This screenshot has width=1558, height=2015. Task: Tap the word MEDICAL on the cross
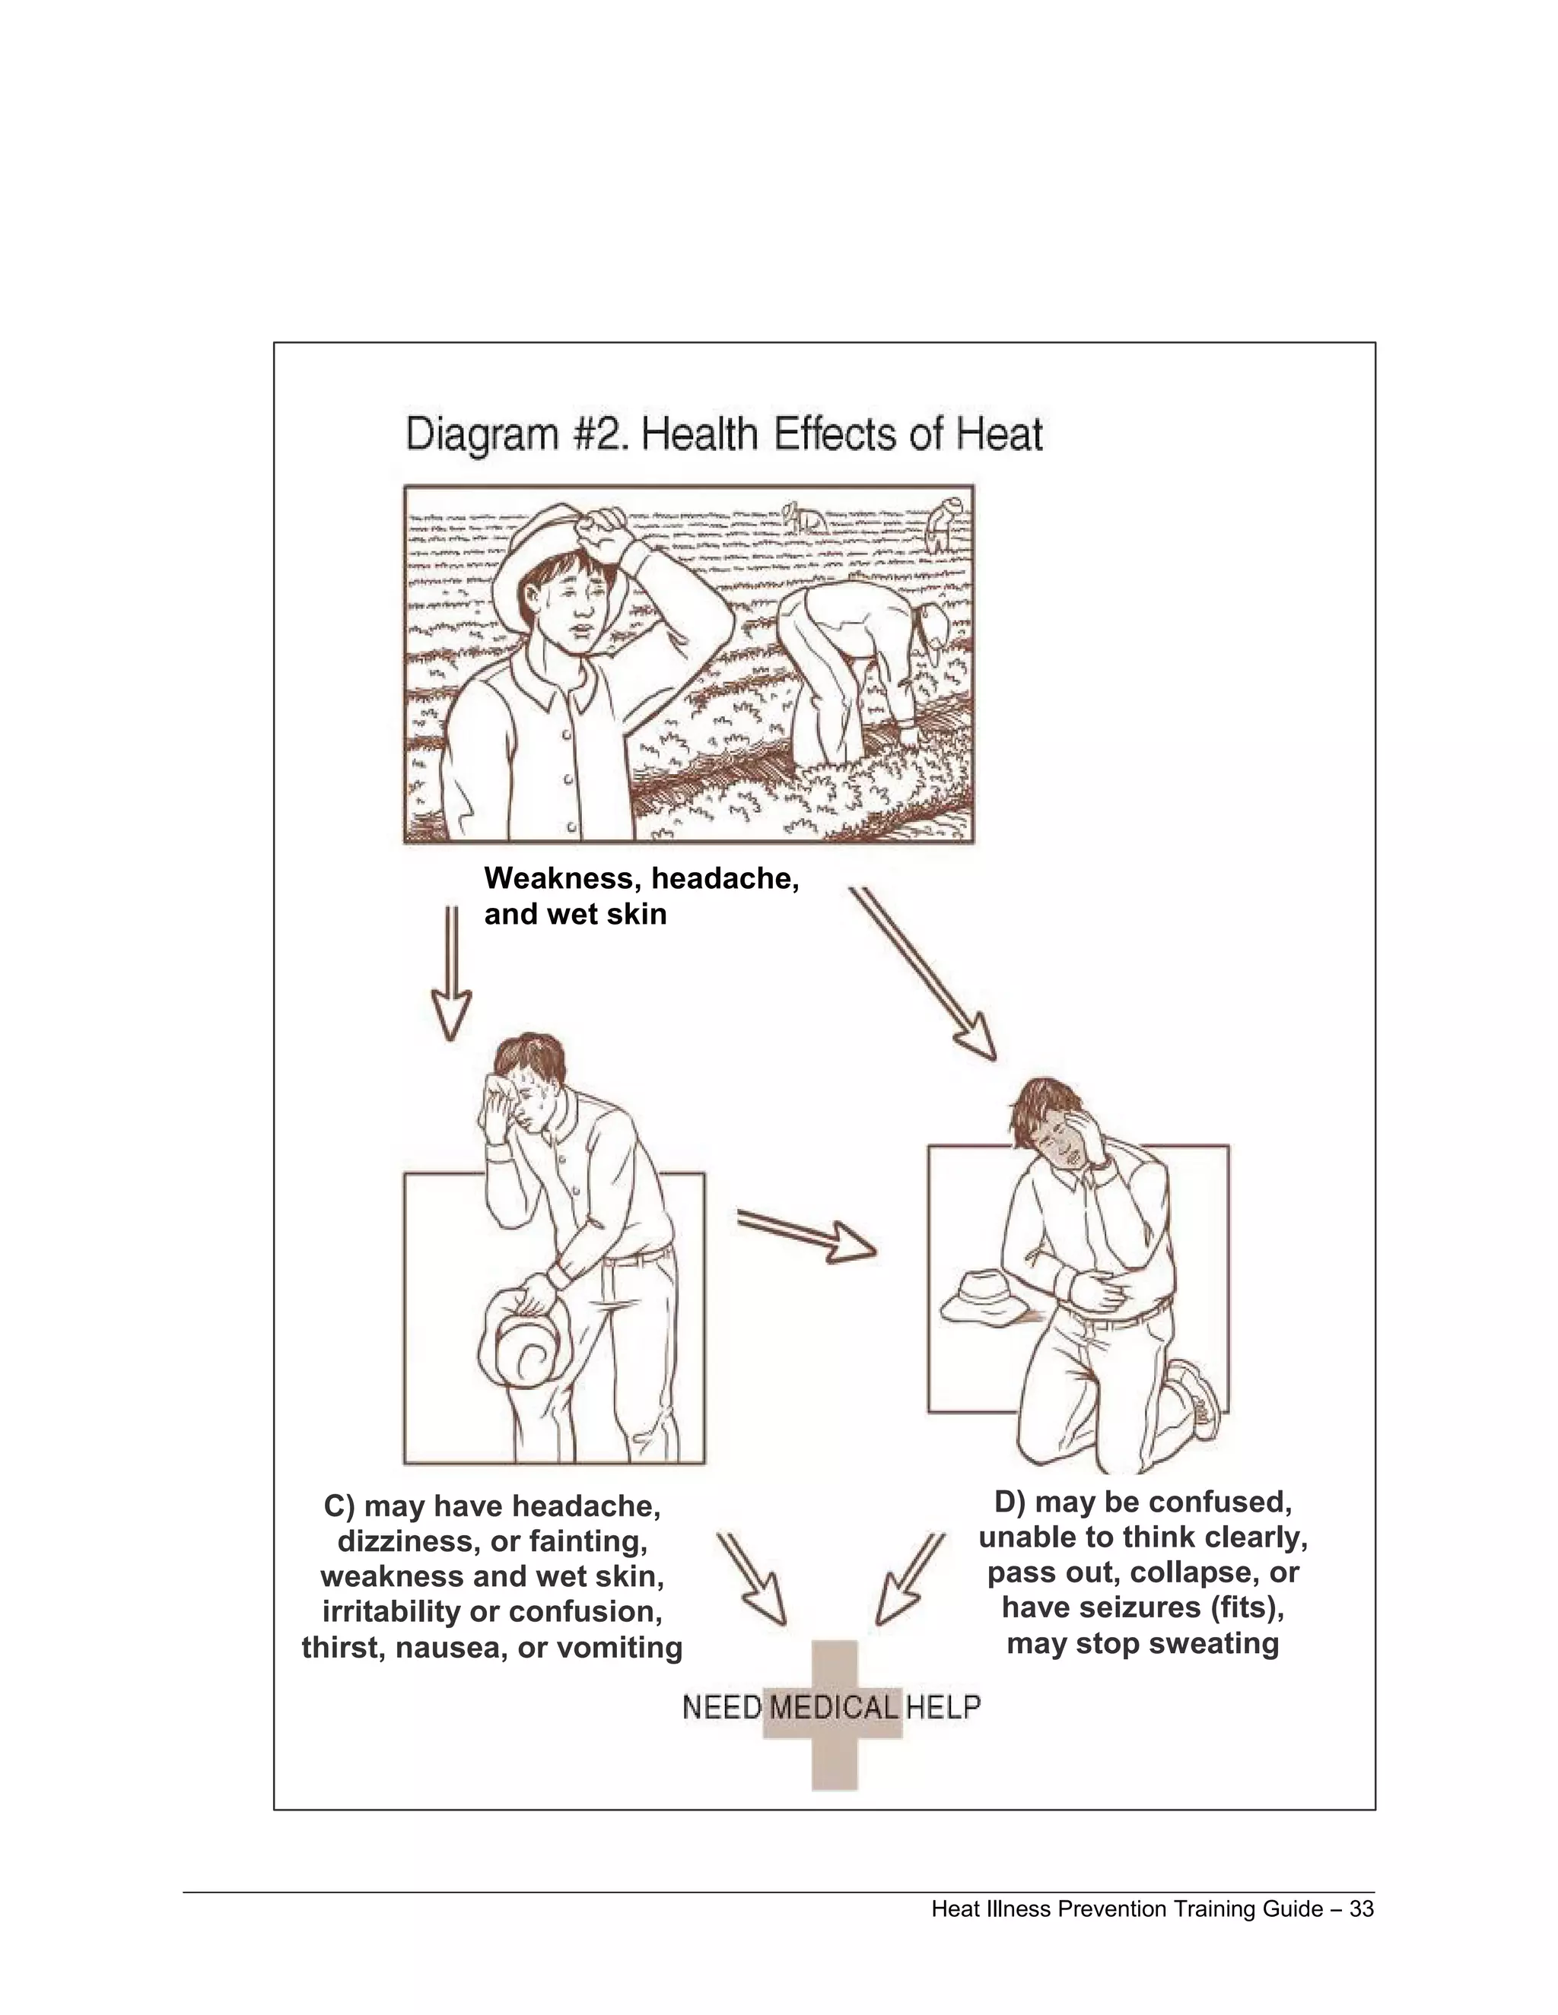click(x=834, y=1707)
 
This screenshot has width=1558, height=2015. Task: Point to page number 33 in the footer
click(x=1362, y=1909)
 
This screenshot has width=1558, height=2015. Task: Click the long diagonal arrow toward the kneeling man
click(x=923, y=974)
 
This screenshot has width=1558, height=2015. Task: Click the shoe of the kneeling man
click(x=1200, y=1402)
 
